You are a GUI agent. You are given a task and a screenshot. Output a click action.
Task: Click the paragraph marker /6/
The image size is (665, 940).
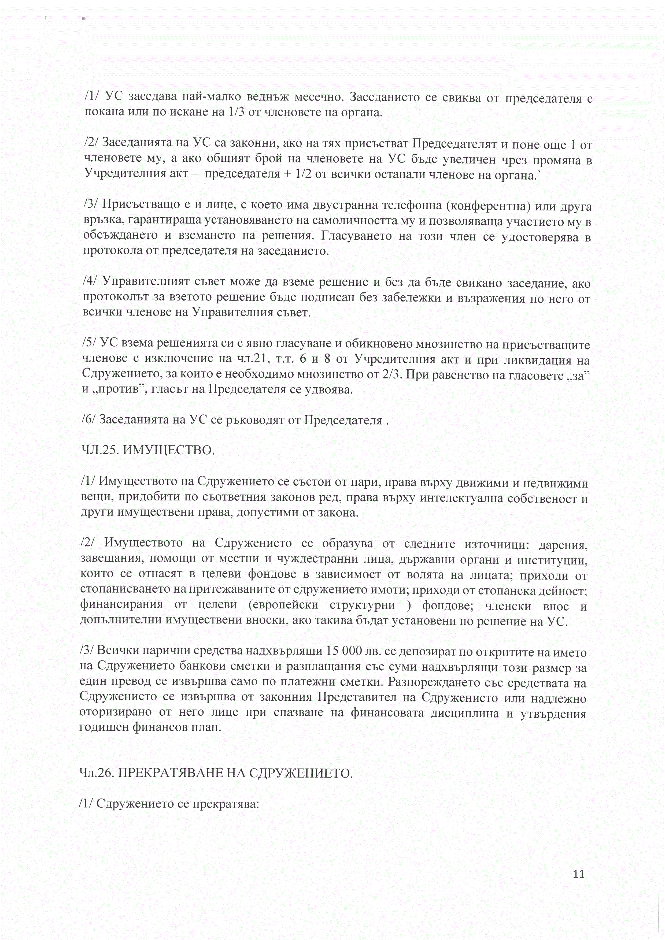point(89,421)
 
